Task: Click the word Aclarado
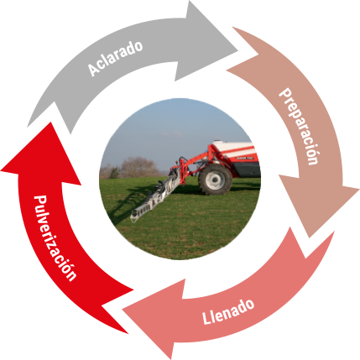point(115,58)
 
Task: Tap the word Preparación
point(300,127)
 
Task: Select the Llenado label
point(228,311)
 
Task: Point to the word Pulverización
point(55,238)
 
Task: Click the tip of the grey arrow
point(237,51)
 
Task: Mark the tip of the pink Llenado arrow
point(123,310)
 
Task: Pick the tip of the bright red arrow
point(51,123)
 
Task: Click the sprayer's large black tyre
point(215,180)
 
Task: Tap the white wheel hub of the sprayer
point(215,180)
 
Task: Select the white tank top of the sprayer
point(234,149)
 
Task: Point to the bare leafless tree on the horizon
point(138,167)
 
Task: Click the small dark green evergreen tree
point(114,173)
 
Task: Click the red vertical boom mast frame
point(182,170)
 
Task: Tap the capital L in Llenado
point(206,319)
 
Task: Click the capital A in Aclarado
point(93,70)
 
